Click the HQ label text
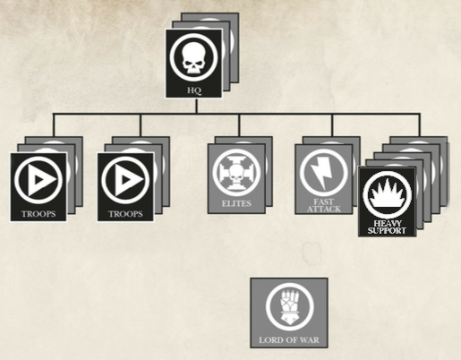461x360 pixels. click(x=194, y=90)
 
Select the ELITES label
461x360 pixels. click(x=236, y=203)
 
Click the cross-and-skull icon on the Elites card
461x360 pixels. click(x=236, y=172)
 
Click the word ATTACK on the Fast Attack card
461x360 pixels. click(x=324, y=209)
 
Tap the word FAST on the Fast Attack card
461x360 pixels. click(x=324, y=202)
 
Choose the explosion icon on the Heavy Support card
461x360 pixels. click(x=387, y=193)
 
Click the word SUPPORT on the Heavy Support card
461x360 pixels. click(x=387, y=230)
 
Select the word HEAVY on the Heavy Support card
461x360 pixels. click(x=387, y=224)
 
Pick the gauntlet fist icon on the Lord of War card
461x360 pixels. click(x=289, y=307)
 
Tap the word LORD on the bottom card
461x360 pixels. click(x=269, y=340)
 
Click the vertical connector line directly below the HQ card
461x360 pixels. click(x=196, y=106)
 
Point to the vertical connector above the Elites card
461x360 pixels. click(x=239, y=124)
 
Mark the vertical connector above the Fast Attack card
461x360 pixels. click(x=332, y=124)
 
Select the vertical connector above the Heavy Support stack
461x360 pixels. click(x=420, y=124)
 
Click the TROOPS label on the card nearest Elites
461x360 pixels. click(x=125, y=214)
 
